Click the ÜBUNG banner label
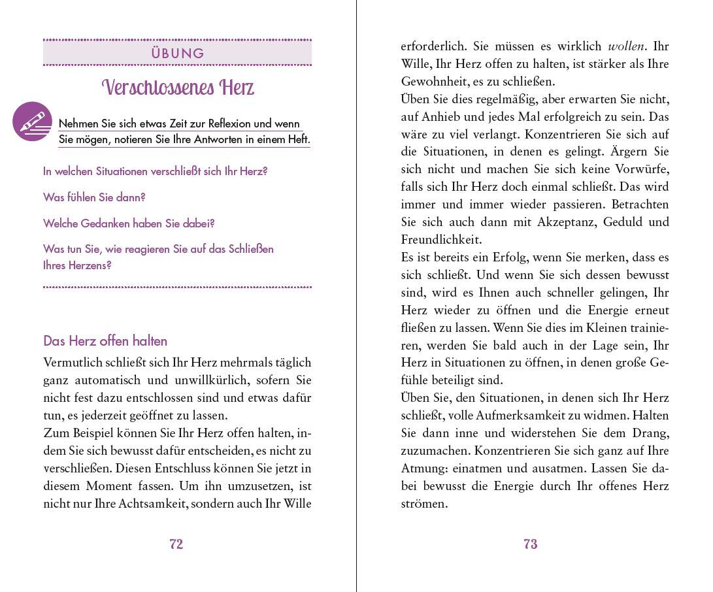coord(178,54)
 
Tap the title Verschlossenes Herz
coord(178,88)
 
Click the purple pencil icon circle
coord(32,122)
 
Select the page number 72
coord(176,544)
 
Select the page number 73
coord(530,544)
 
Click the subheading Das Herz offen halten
coord(105,341)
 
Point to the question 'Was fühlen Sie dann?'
coord(94,197)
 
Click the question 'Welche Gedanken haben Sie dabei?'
coord(129,223)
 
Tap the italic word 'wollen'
coord(626,46)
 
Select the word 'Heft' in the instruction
coord(296,140)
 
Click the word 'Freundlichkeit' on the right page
coord(441,240)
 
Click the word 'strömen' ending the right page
coord(424,504)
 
